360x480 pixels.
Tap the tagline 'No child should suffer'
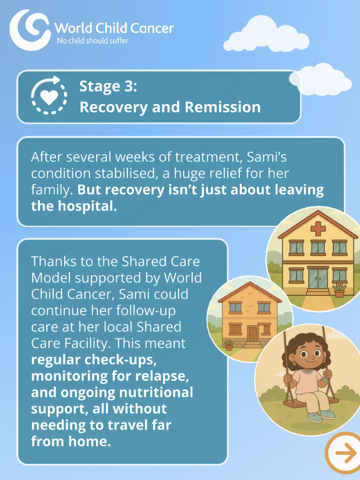click(x=93, y=41)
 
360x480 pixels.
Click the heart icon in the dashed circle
click(x=49, y=96)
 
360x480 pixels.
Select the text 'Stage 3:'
click(x=108, y=86)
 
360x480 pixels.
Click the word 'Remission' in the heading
click(x=223, y=107)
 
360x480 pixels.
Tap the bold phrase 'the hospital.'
click(x=74, y=206)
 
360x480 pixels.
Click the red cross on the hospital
click(x=318, y=228)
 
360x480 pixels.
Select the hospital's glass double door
click(x=318, y=278)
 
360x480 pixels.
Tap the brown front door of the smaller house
click(x=253, y=334)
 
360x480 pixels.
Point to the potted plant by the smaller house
click(x=229, y=345)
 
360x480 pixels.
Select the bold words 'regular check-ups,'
click(x=94, y=360)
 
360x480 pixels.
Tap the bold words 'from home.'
click(x=71, y=441)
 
